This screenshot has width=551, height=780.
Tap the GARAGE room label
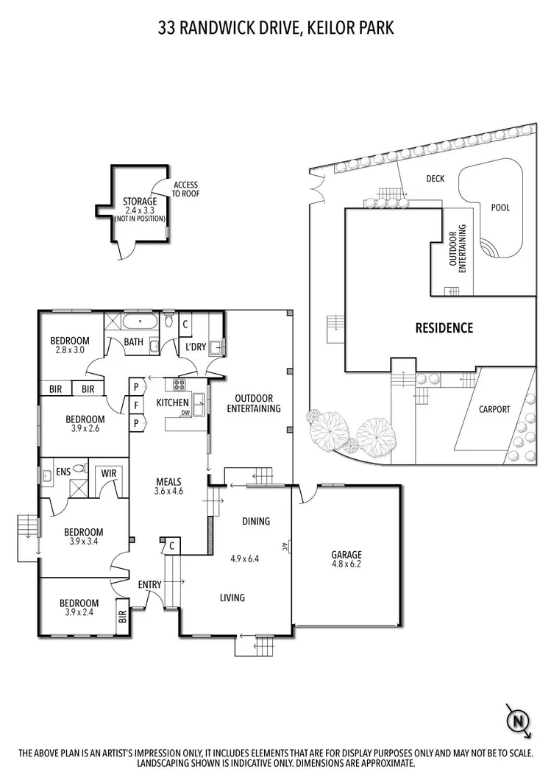(346, 555)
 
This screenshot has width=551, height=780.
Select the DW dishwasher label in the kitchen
(186, 413)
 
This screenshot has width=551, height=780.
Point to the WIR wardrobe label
(110, 473)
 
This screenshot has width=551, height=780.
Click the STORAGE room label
(139, 201)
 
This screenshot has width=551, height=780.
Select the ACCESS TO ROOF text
(185, 190)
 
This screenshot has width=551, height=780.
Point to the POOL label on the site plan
(500, 208)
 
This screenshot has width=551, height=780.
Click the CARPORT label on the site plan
(494, 410)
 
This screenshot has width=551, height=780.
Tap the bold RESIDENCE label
(444, 328)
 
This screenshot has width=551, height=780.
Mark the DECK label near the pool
(435, 179)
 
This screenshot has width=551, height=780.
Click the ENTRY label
(149, 584)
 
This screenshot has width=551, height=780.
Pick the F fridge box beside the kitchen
(136, 405)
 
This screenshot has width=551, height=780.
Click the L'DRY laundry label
(195, 346)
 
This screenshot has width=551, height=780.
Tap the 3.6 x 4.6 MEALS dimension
(168, 491)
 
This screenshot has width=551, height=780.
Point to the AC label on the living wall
(284, 547)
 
